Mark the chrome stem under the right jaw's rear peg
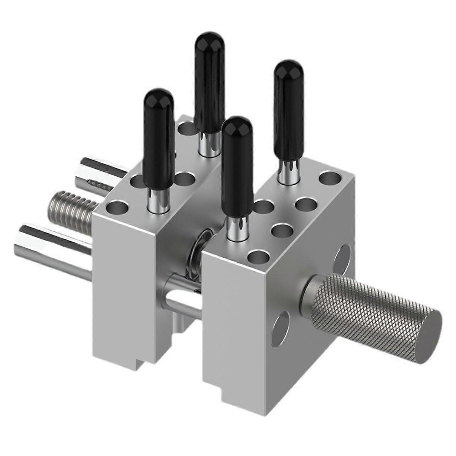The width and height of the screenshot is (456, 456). pyautogui.click(x=288, y=171)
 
